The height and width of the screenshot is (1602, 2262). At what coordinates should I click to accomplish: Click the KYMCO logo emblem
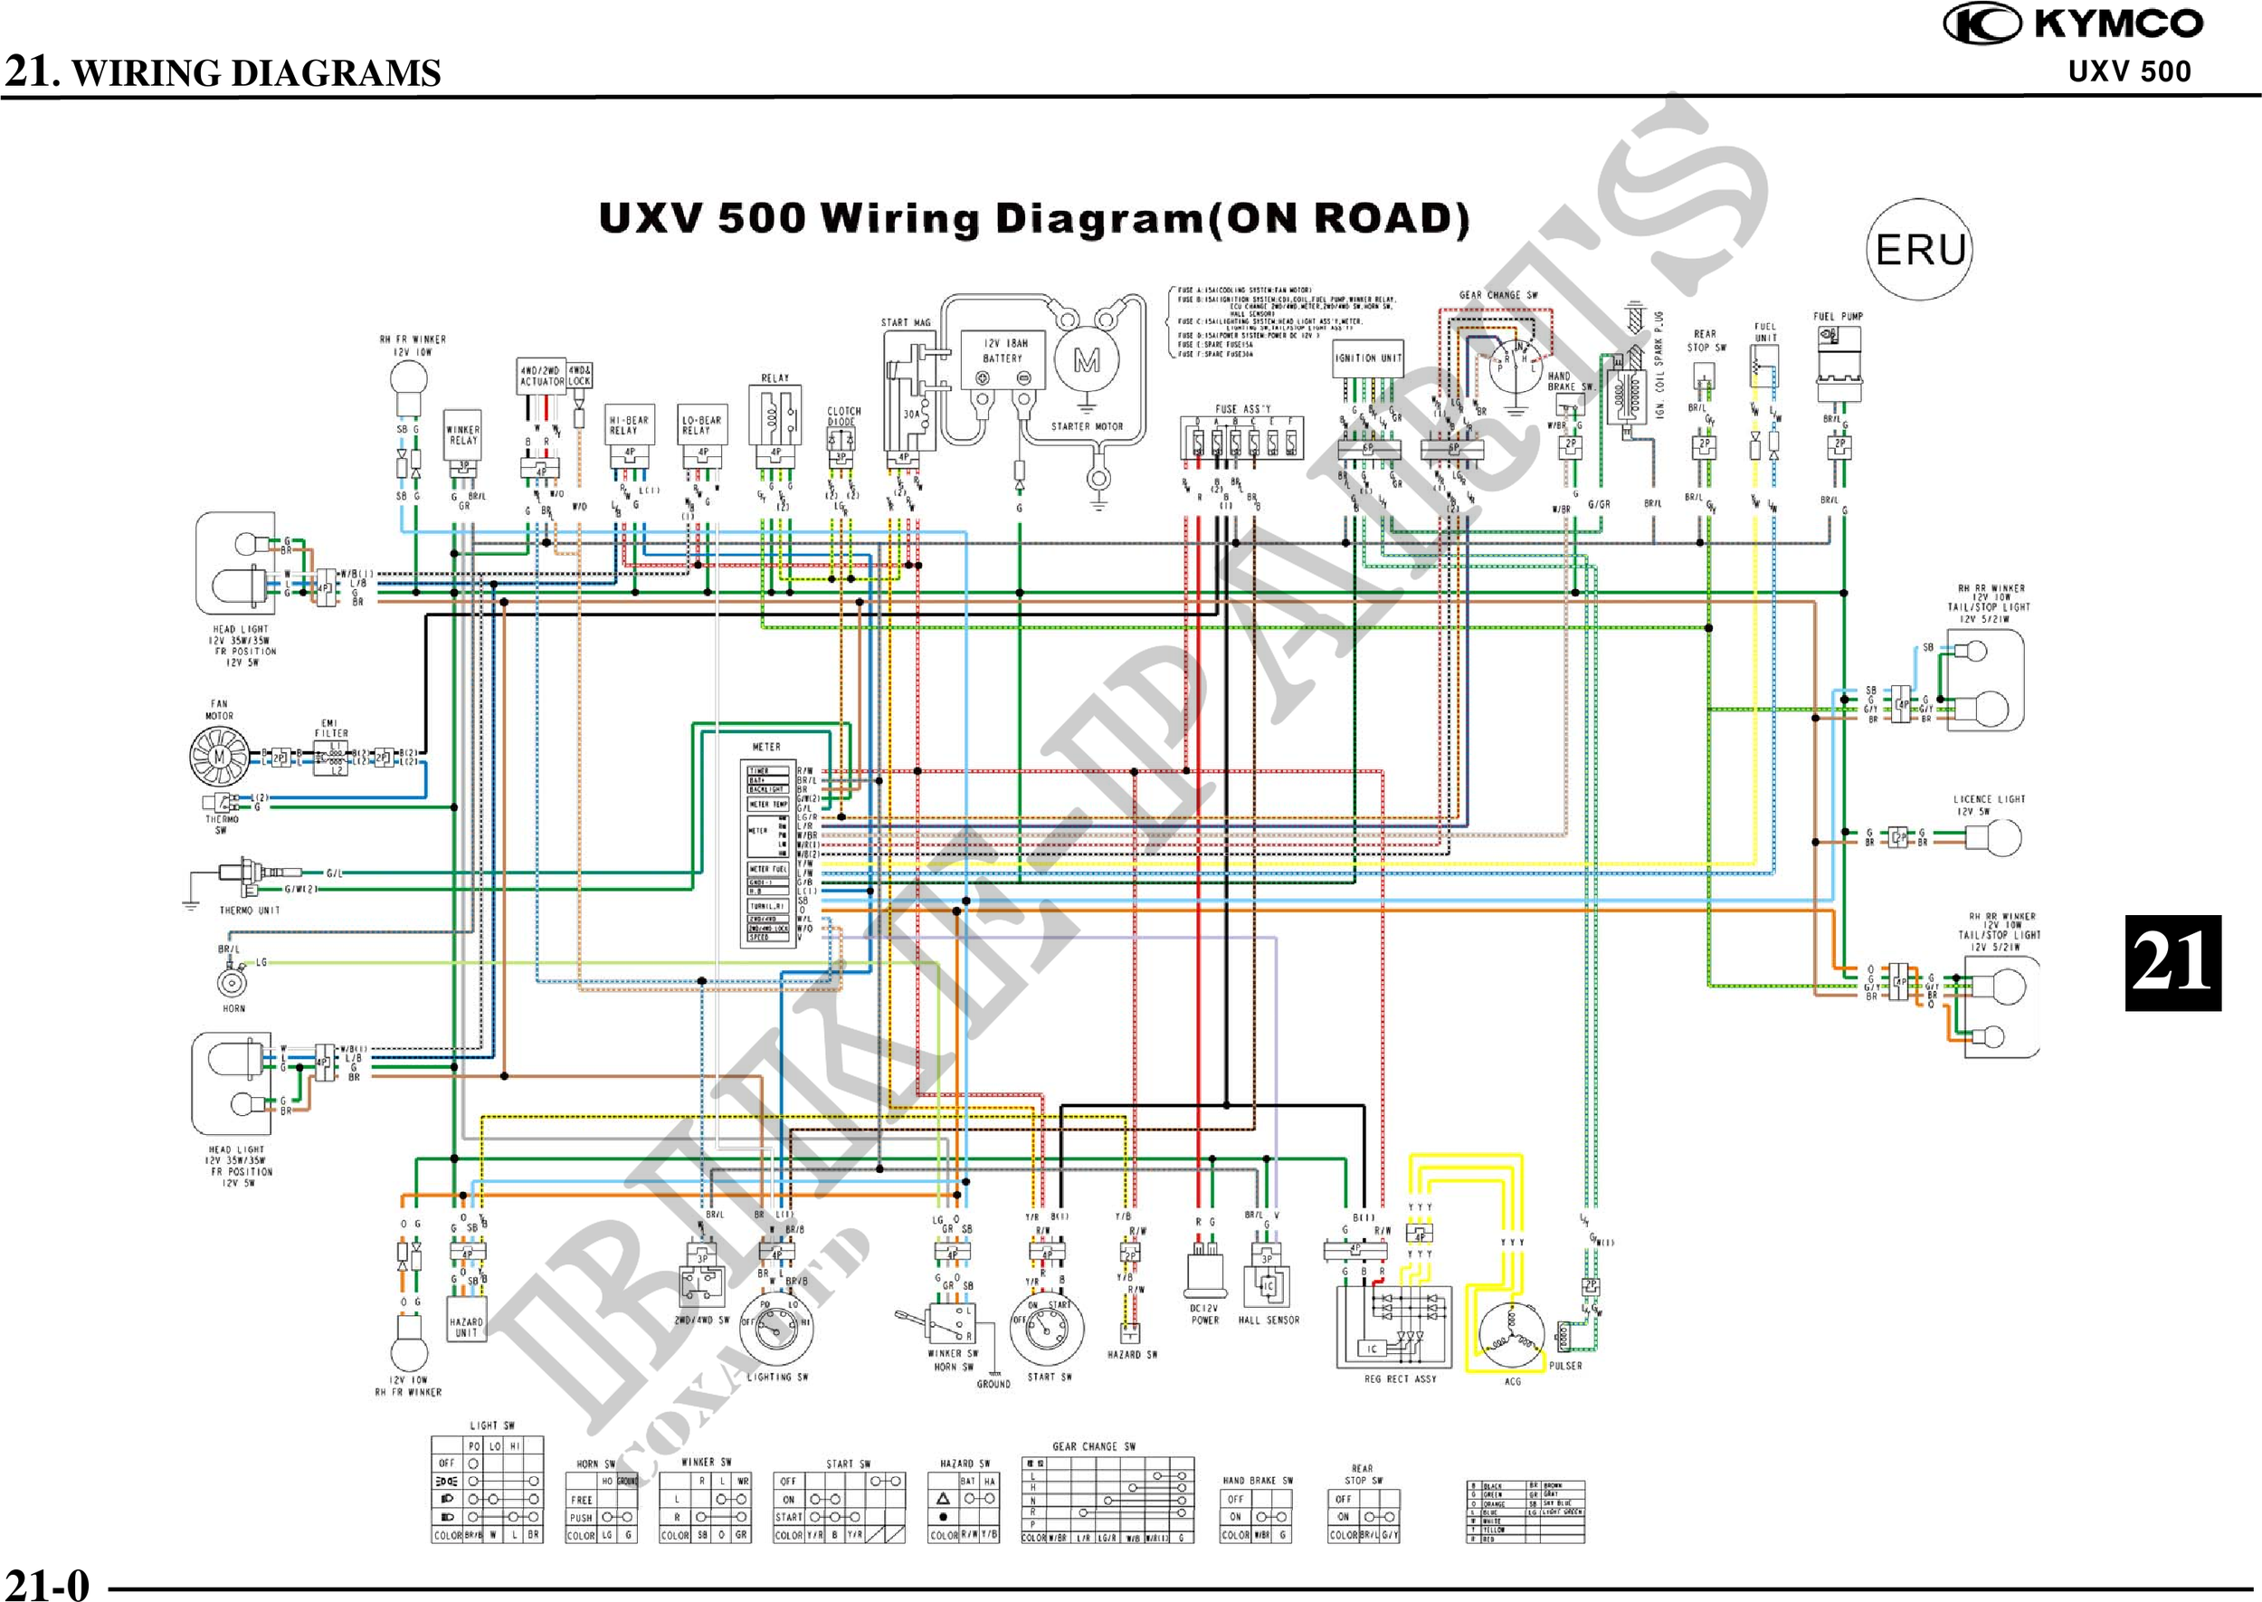(x=1982, y=24)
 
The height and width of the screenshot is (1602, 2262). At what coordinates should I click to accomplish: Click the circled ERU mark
(x=1919, y=250)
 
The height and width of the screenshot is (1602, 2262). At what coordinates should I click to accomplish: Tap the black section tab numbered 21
(x=2172, y=962)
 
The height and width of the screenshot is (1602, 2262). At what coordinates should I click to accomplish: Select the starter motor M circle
(x=1087, y=361)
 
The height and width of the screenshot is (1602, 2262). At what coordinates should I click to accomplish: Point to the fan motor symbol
(x=219, y=757)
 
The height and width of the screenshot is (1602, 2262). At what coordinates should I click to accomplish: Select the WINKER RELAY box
(x=462, y=436)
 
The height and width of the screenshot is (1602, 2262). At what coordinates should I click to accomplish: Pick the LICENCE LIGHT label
(x=1989, y=799)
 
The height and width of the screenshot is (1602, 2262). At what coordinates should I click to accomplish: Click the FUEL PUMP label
(x=1837, y=317)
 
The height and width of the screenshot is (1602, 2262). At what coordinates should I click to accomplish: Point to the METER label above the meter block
(x=766, y=747)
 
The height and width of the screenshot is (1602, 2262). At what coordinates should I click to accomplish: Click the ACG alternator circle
(x=1512, y=1336)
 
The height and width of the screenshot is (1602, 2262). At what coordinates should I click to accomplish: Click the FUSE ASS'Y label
(x=1242, y=408)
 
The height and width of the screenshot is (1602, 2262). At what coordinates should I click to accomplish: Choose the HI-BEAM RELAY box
(x=629, y=425)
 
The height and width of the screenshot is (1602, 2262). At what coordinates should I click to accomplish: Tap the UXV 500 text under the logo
(x=2129, y=71)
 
